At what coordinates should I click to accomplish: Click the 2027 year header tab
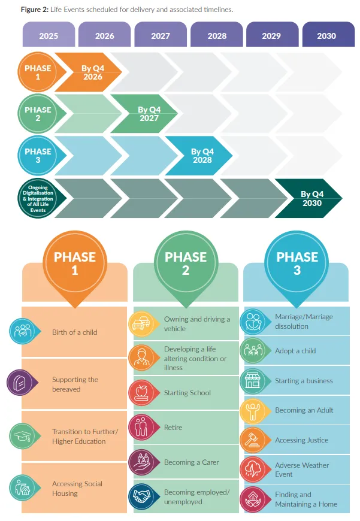pos(161,35)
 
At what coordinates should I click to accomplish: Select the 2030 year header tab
pos(326,35)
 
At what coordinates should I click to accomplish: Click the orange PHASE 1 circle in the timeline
pos(38,72)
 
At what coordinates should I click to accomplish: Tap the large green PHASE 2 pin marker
pos(186,262)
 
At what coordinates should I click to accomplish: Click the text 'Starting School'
pos(187,393)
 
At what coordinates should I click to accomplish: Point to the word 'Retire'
pos(173,428)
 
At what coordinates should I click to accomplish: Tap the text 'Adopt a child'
pos(295,351)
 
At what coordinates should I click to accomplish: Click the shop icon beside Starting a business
pos(253,381)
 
